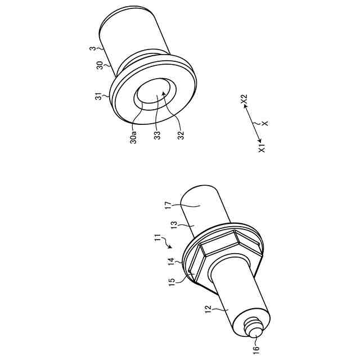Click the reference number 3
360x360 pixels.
click(x=92, y=49)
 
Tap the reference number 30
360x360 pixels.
click(x=100, y=65)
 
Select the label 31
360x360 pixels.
click(x=99, y=96)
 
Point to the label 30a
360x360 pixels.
click(x=133, y=137)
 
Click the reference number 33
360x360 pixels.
click(x=157, y=135)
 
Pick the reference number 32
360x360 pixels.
click(x=181, y=135)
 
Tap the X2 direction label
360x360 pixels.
click(x=244, y=100)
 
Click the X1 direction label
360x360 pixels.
click(x=262, y=147)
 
